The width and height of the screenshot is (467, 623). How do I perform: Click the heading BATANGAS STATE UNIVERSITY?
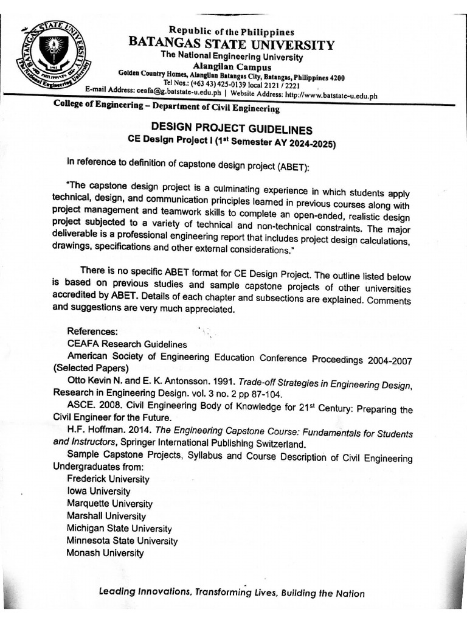point(231,45)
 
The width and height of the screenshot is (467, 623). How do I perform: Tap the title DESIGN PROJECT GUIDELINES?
point(231,130)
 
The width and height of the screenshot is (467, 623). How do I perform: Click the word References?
point(92,332)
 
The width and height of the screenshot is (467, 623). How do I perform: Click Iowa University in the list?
point(99,491)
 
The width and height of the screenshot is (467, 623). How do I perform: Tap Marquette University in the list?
point(110,504)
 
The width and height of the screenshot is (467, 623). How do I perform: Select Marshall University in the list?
point(106,516)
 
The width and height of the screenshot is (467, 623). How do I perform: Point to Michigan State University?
point(119,529)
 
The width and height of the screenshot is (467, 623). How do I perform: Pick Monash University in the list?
point(105,553)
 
